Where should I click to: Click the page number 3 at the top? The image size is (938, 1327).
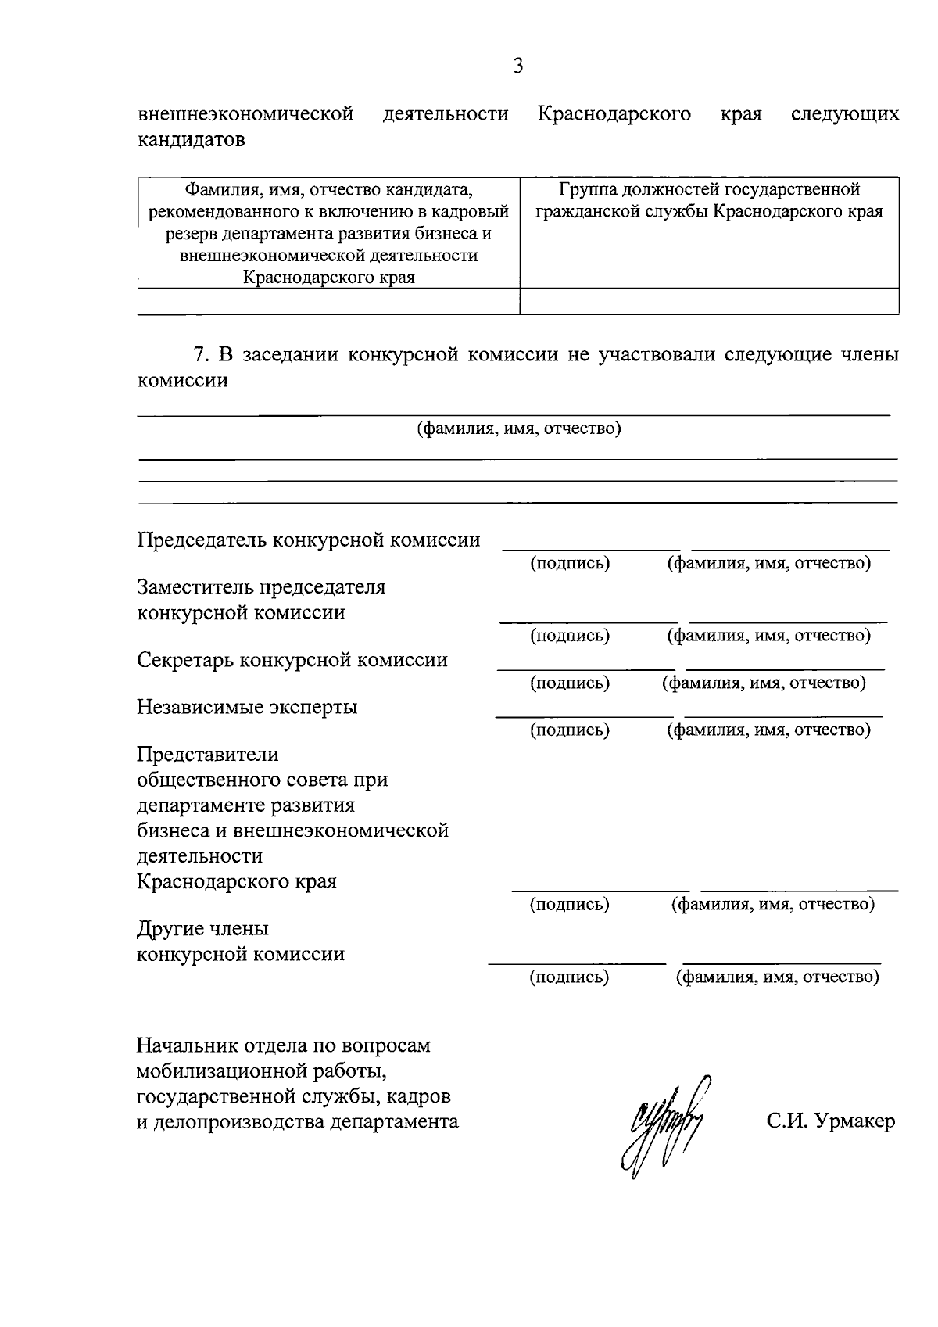[x=517, y=66]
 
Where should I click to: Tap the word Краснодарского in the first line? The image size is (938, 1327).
[x=614, y=114]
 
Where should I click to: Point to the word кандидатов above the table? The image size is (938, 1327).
[x=191, y=140]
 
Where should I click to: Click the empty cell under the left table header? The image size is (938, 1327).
[x=328, y=301]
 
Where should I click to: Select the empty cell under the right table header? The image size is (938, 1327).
[x=709, y=301]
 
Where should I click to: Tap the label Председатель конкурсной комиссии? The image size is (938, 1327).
[x=308, y=540]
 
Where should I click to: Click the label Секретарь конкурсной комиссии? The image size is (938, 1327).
[x=292, y=660]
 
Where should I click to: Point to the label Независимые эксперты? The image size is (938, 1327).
[x=247, y=707]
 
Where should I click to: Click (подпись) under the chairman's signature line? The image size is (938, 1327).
[x=570, y=563]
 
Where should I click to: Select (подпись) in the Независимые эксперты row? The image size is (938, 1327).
[x=570, y=730]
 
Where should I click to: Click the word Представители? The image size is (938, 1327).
[x=208, y=755]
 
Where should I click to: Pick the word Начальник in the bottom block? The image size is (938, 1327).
[x=182, y=1045]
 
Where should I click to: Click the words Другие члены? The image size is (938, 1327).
[x=202, y=929]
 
